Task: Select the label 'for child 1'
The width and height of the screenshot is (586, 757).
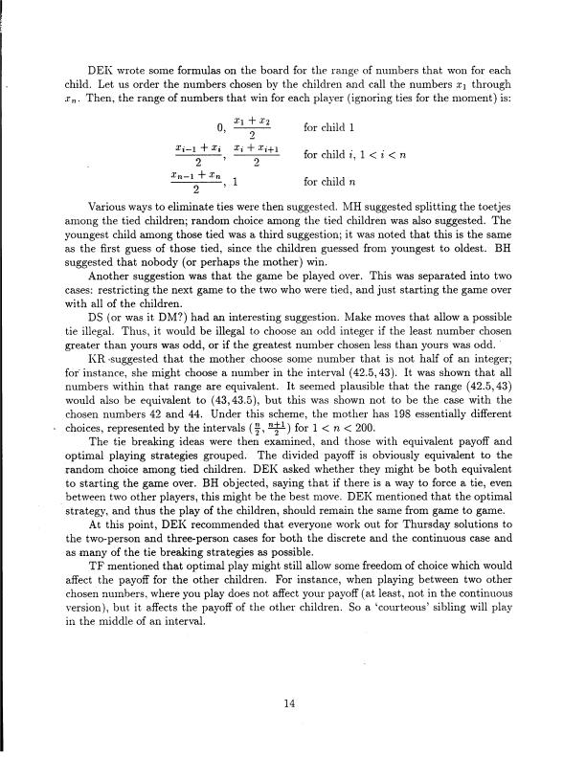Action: (x=330, y=127)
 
